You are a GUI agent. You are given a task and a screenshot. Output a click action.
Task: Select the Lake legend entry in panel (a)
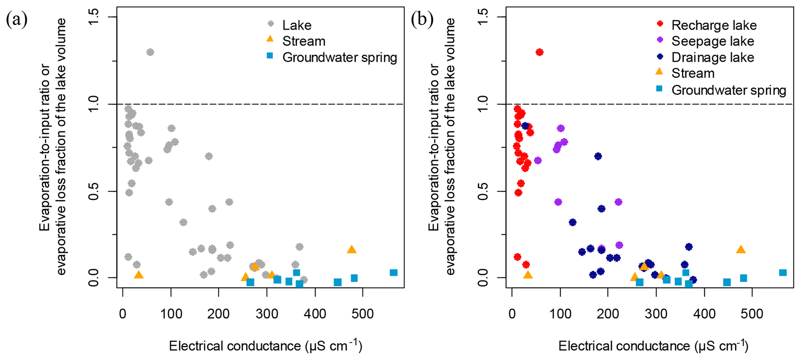click(x=296, y=25)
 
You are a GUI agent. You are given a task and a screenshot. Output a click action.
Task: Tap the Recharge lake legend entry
click(x=714, y=25)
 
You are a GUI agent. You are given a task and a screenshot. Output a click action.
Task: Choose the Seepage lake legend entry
click(x=712, y=41)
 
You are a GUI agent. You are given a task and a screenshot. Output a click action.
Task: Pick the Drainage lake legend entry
click(x=712, y=57)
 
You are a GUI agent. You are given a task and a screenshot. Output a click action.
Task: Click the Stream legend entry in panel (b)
click(x=692, y=73)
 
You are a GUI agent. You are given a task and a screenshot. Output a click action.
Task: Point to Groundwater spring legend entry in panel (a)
click(x=339, y=57)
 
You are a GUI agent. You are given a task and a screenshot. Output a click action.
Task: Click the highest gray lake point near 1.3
click(x=150, y=52)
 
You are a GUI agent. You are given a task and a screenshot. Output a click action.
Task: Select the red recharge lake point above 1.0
click(x=539, y=52)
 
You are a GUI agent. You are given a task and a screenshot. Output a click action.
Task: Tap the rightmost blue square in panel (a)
click(x=394, y=273)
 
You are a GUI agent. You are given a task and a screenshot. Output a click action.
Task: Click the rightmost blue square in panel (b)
click(x=783, y=273)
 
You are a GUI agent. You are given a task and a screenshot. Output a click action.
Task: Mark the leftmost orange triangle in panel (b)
click(x=528, y=275)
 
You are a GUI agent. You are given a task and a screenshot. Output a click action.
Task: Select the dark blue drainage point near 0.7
click(x=598, y=156)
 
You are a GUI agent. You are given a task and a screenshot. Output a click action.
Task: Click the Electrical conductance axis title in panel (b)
click(x=653, y=346)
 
